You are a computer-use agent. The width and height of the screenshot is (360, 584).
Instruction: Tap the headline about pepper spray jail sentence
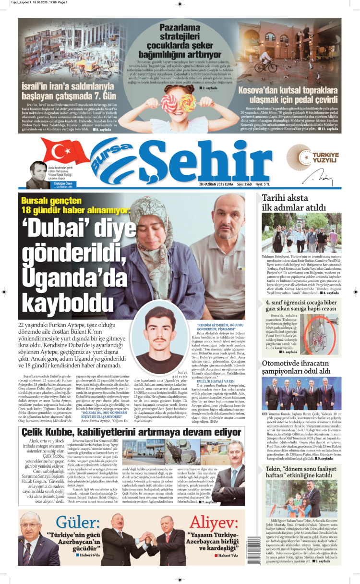(x=300, y=305)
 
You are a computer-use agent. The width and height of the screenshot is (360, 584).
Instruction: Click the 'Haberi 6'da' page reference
(x=88, y=554)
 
